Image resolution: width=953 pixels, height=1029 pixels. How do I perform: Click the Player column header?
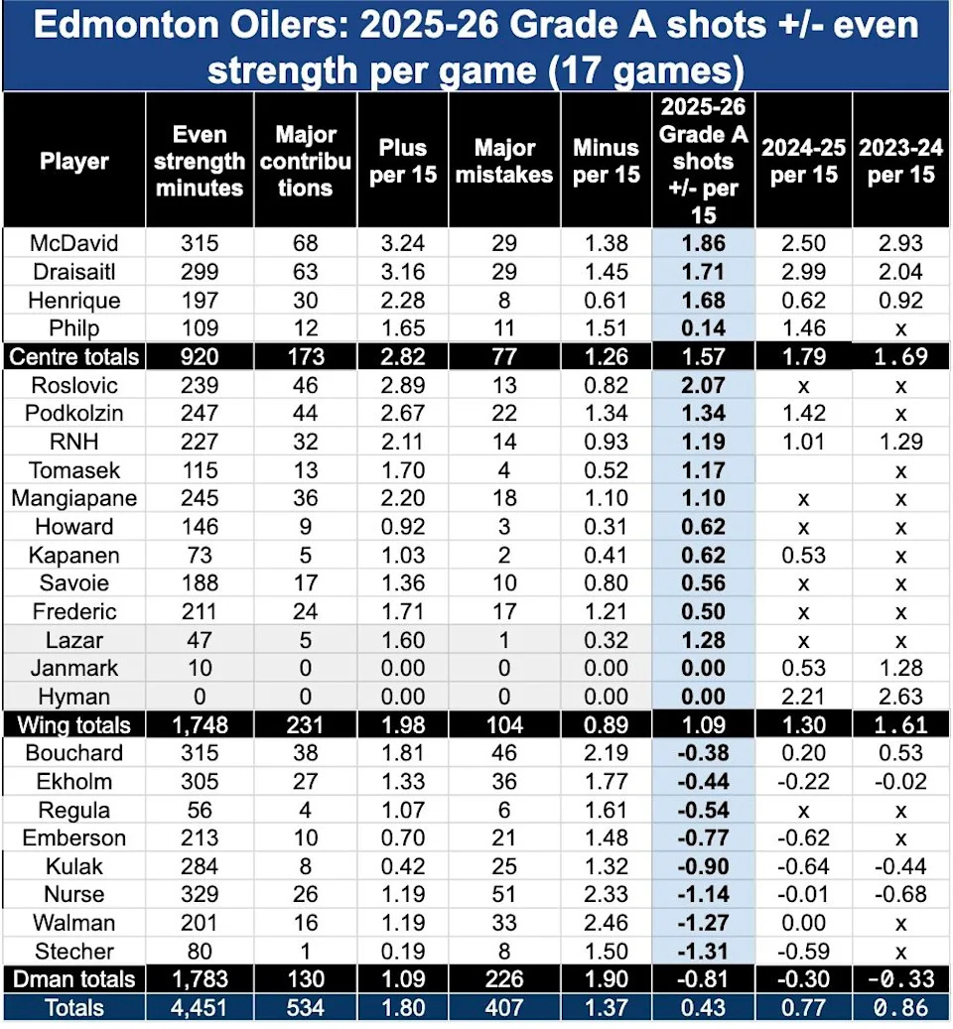click(74, 161)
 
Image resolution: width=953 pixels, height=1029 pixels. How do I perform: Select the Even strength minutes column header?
click(201, 161)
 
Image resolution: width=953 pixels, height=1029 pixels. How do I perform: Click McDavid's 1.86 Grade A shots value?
click(704, 243)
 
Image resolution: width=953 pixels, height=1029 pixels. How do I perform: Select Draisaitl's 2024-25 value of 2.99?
click(803, 270)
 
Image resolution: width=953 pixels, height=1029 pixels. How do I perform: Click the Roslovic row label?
click(74, 385)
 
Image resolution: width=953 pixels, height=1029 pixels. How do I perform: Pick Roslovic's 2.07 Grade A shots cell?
click(704, 385)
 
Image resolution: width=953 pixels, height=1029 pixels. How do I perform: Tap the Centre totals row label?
click(74, 355)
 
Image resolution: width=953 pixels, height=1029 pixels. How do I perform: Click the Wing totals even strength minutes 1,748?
click(201, 725)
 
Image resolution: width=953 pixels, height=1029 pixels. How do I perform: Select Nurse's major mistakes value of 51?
click(504, 894)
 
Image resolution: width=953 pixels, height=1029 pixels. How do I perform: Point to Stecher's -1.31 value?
click(704, 950)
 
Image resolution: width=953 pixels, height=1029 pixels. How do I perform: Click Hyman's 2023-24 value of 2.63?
click(900, 697)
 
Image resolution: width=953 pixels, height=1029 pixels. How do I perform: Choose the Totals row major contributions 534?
click(305, 1009)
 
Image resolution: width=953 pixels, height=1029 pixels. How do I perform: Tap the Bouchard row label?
click(74, 753)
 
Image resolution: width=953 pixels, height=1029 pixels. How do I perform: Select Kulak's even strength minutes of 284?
click(201, 866)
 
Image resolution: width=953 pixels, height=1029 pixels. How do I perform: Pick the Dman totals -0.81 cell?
click(704, 979)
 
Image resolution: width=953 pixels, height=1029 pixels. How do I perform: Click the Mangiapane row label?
click(74, 499)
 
